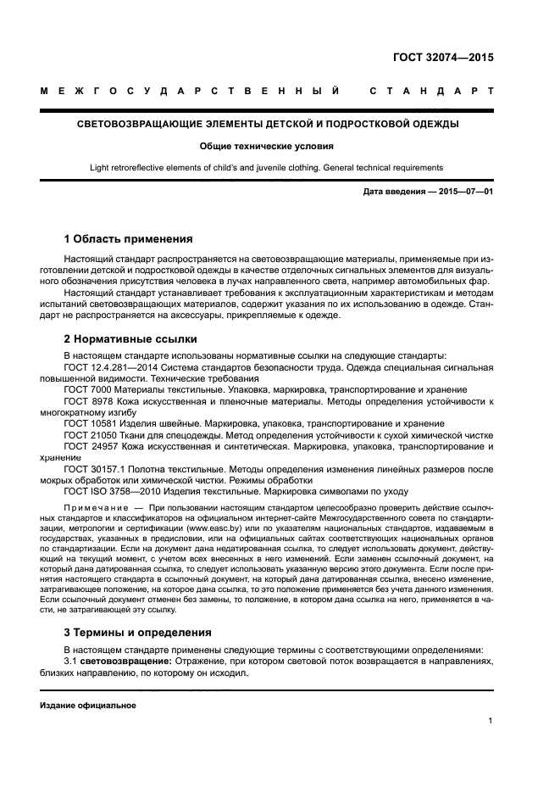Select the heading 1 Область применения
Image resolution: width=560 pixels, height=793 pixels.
(x=128, y=238)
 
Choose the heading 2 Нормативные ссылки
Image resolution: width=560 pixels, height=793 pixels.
(x=130, y=339)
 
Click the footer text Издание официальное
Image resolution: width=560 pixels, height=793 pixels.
(x=87, y=705)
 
